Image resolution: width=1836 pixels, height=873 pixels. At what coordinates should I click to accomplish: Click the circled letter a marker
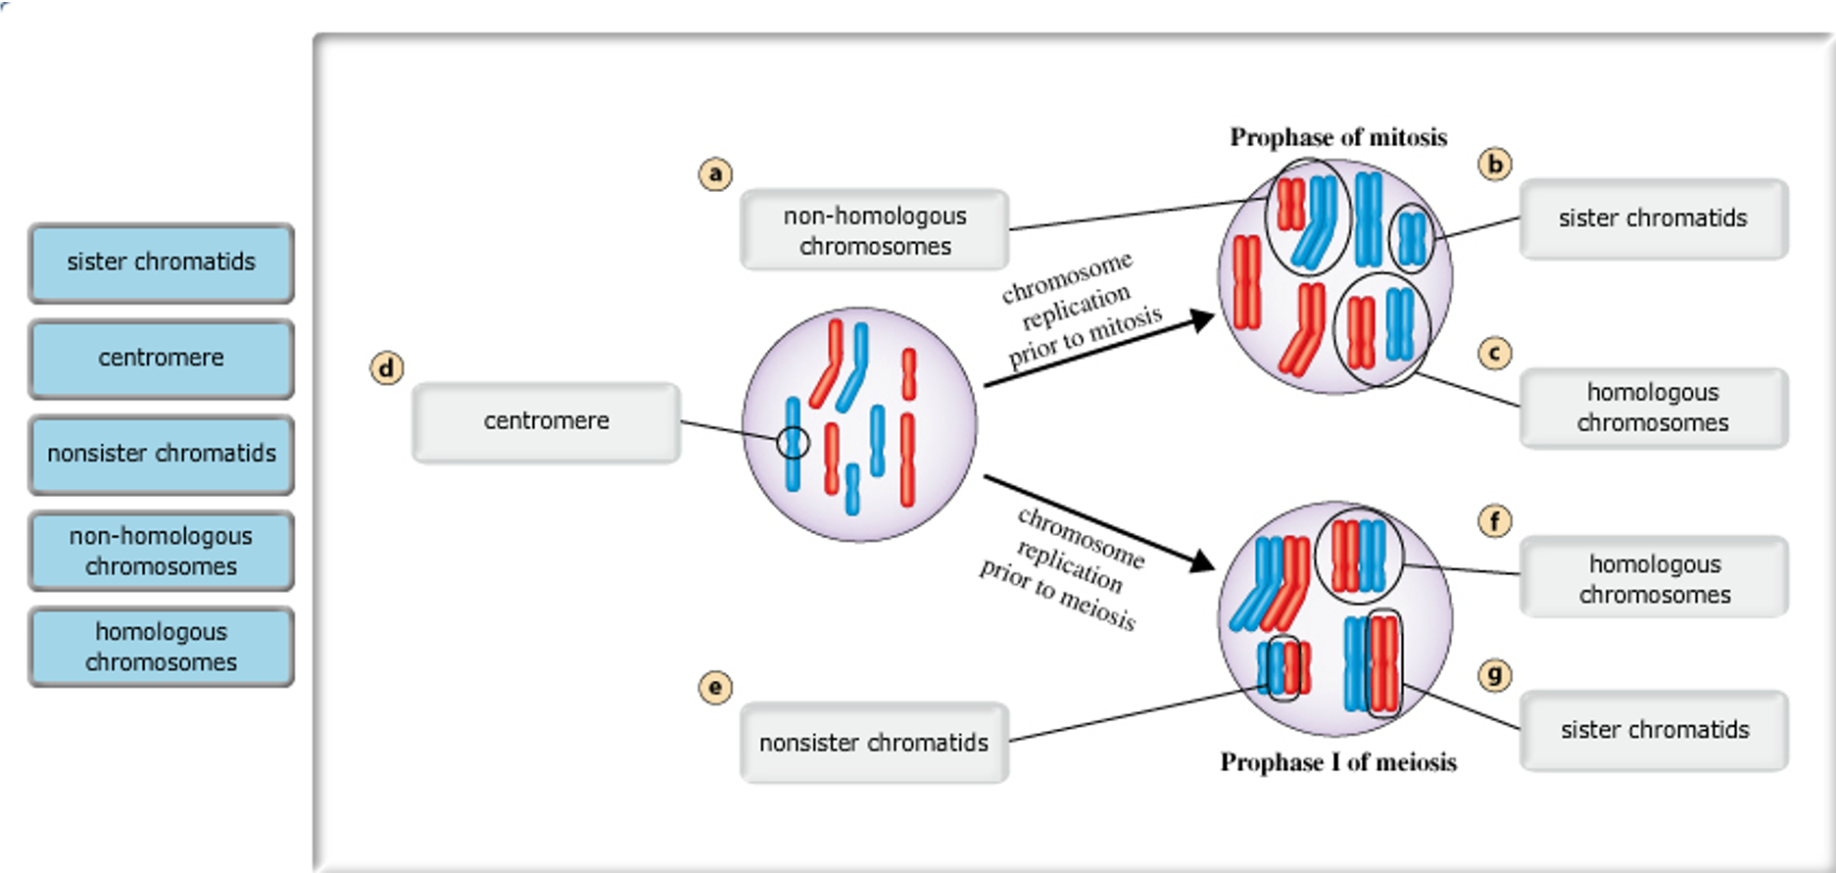[715, 174]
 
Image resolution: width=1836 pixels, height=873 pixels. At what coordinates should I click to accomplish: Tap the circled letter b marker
[1494, 164]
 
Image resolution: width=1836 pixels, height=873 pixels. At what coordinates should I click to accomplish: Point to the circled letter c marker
[1494, 353]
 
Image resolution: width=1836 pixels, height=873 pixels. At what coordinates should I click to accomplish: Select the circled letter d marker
[386, 368]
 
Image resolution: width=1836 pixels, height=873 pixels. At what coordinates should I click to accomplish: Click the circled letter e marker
[715, 687]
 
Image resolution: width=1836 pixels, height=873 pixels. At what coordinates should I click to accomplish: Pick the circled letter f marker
[1494, 520]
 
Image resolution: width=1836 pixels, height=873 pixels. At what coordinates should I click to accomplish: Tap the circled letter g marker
[1494, 674]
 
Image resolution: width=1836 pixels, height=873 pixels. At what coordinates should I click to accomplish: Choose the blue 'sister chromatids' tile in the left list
[161, 263]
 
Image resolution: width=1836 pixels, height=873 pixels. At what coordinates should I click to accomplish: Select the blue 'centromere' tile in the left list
[161, 359]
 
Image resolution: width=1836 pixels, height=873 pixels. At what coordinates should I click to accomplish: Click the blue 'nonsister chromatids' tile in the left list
[161, 455]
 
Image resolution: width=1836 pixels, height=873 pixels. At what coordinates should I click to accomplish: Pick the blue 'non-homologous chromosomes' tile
[161, 551]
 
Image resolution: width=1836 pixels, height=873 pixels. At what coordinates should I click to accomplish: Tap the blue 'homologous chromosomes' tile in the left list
[161, 647]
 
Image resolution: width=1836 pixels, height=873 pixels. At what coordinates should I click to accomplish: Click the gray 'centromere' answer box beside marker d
[546, 421]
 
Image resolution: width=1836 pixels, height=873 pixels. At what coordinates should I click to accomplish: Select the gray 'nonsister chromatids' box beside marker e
[874, 743]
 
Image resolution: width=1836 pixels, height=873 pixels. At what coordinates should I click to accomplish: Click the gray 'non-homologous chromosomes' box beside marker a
[874, 230]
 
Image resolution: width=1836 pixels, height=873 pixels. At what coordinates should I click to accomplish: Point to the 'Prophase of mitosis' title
[1338, 137]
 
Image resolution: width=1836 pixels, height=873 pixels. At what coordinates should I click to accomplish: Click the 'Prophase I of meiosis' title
[1338, 762]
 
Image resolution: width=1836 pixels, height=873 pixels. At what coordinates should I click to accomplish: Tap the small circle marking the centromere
[793, 443]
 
